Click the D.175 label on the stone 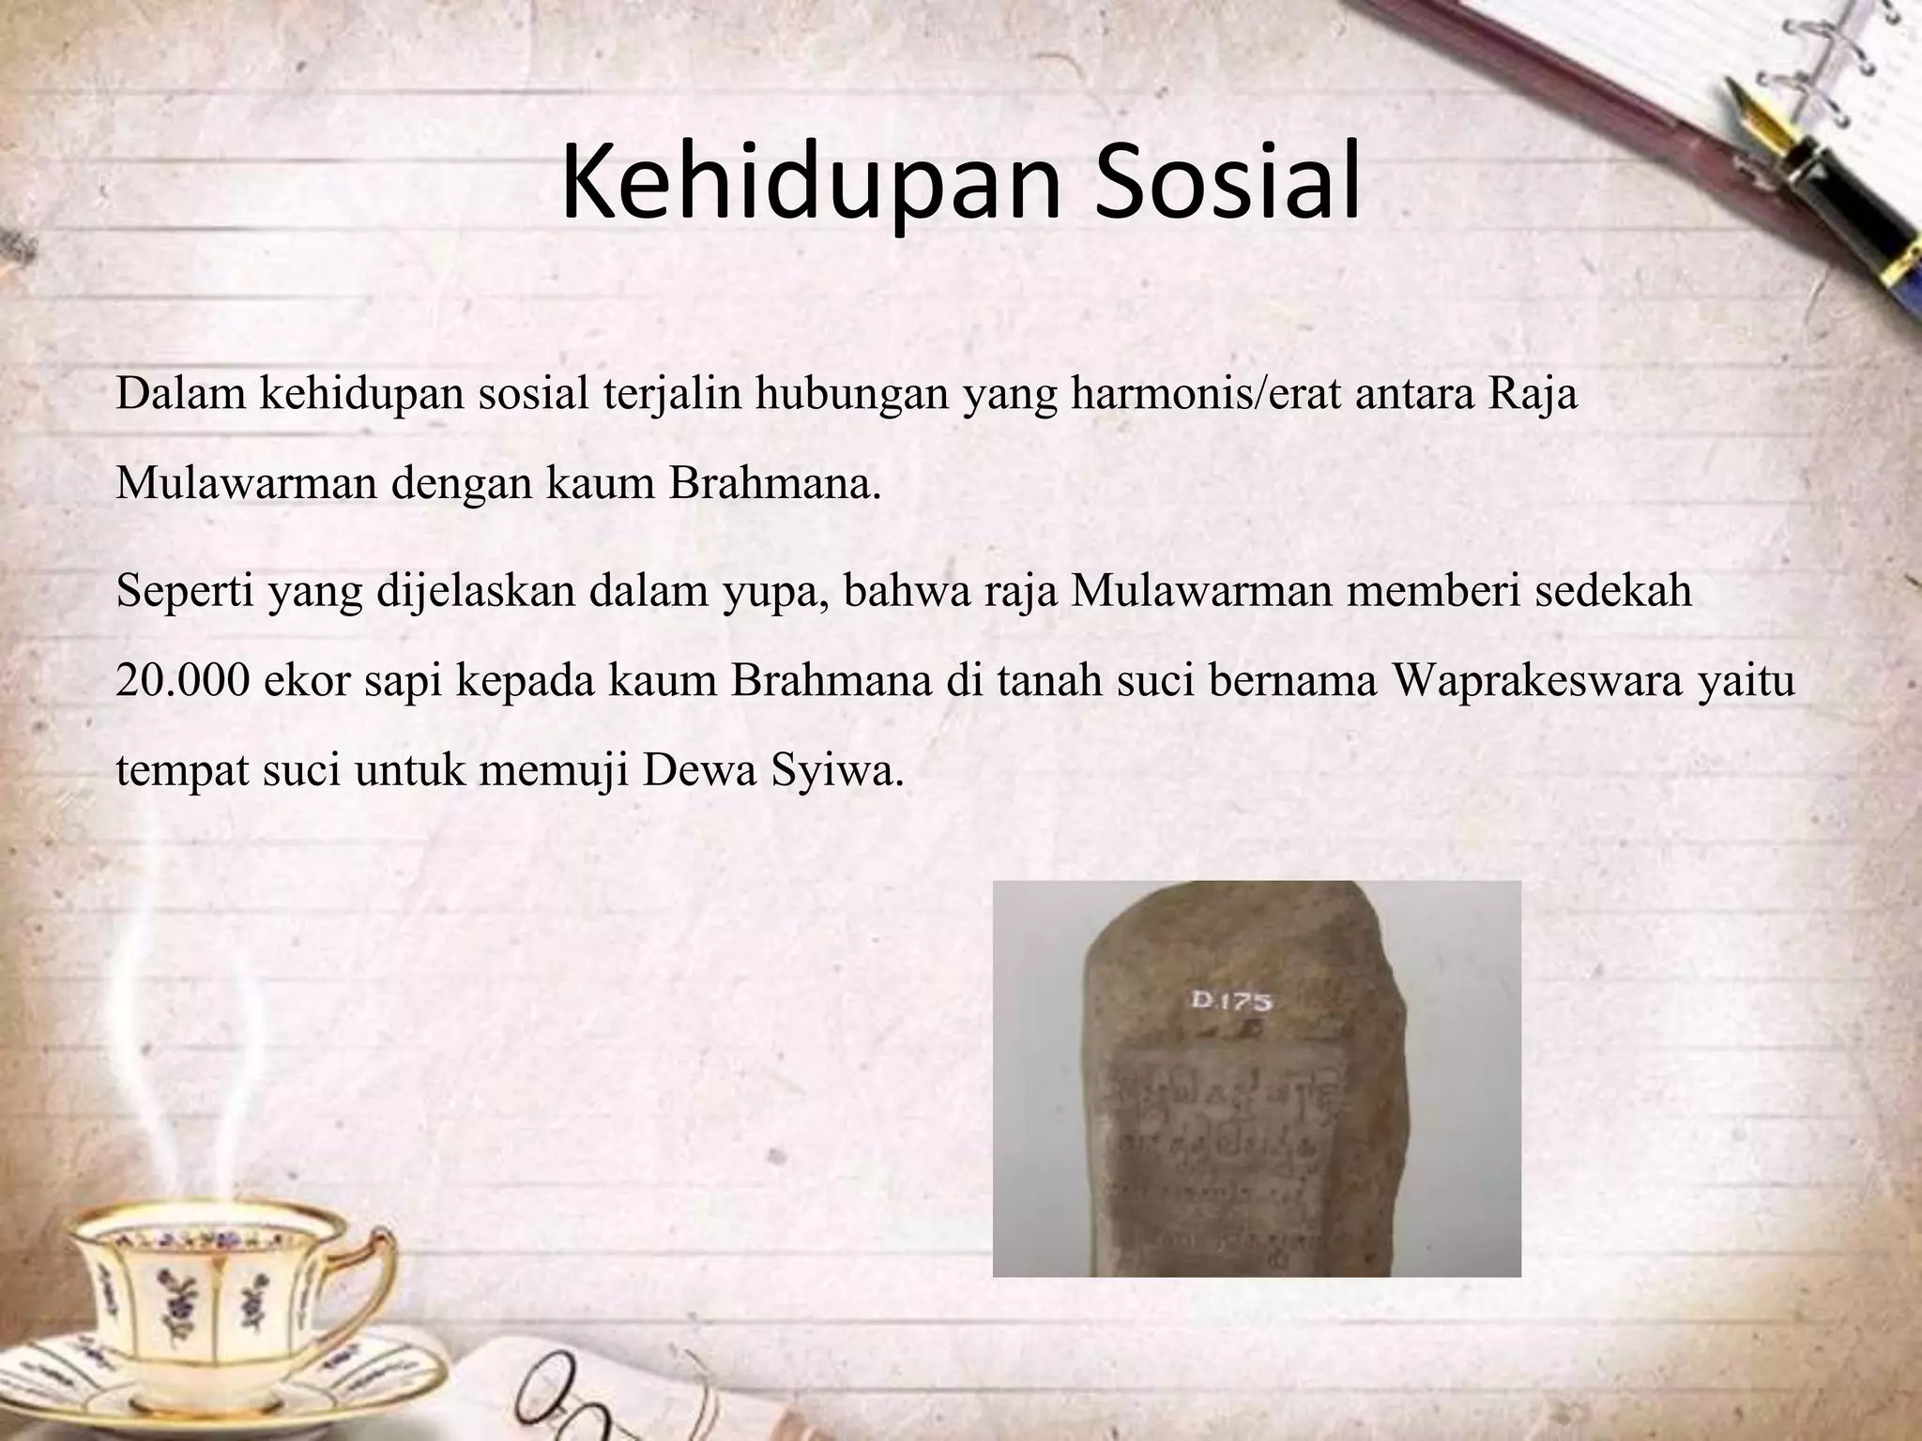(1230, 1001)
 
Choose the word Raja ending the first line (1533, 395)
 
